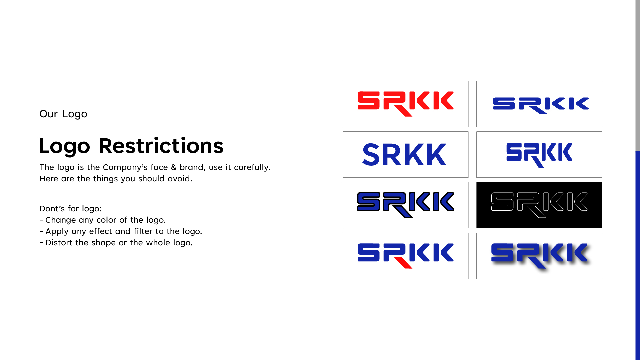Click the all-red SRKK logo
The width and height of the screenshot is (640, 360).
pos(405,104)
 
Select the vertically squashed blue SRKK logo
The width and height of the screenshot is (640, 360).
pos(541,105)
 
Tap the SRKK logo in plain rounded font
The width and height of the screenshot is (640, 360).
pos(404,155)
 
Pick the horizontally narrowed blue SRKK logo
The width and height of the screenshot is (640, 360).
pos(539,155)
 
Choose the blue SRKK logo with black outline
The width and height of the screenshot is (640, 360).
pos(405,205)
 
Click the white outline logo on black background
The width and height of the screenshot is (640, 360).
pos(539,205)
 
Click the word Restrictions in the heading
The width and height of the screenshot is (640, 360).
pos(161,146)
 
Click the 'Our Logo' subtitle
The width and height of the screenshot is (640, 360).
pos(63,114)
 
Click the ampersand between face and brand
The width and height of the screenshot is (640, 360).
pos(173,167)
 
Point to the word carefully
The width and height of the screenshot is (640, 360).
pos(252,167)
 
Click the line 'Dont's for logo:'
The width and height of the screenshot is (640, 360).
pos(71,209)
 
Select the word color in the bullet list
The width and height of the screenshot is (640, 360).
pos(106,220)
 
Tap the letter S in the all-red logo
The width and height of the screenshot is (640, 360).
pos(368,100)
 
